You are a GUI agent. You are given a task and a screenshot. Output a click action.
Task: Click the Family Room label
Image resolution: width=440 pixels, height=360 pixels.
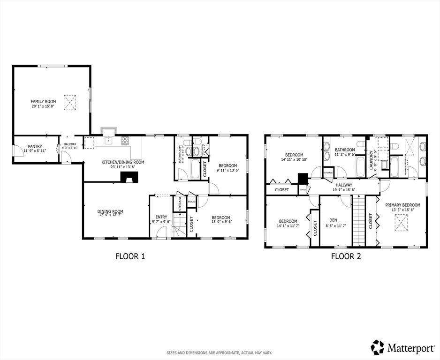pos(43,101)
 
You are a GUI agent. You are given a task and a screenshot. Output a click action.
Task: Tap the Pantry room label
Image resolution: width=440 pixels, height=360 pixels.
pos(35,146)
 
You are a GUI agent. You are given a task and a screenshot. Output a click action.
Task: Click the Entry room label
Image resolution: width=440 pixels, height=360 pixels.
pos(161,217)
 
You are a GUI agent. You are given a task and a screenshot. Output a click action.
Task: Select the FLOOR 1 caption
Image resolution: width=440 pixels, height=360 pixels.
pos(130,256)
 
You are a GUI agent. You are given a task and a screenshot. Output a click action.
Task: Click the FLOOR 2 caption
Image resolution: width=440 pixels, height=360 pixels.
pos(346,256)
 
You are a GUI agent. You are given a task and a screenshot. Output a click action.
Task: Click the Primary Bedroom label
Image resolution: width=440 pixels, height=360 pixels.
pos(402,205)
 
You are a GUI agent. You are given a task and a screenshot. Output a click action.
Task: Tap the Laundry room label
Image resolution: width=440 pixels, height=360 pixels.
pos(371,159)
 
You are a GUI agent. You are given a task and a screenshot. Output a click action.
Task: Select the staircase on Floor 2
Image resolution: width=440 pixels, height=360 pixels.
pos(359,220)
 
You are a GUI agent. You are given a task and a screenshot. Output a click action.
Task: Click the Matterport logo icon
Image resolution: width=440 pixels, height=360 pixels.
pos(377,347)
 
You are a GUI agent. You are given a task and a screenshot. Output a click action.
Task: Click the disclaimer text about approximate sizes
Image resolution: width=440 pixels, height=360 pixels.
pos(220,352)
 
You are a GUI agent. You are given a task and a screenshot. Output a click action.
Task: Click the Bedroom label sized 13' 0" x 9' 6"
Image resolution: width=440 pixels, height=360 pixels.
pos(220,217)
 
